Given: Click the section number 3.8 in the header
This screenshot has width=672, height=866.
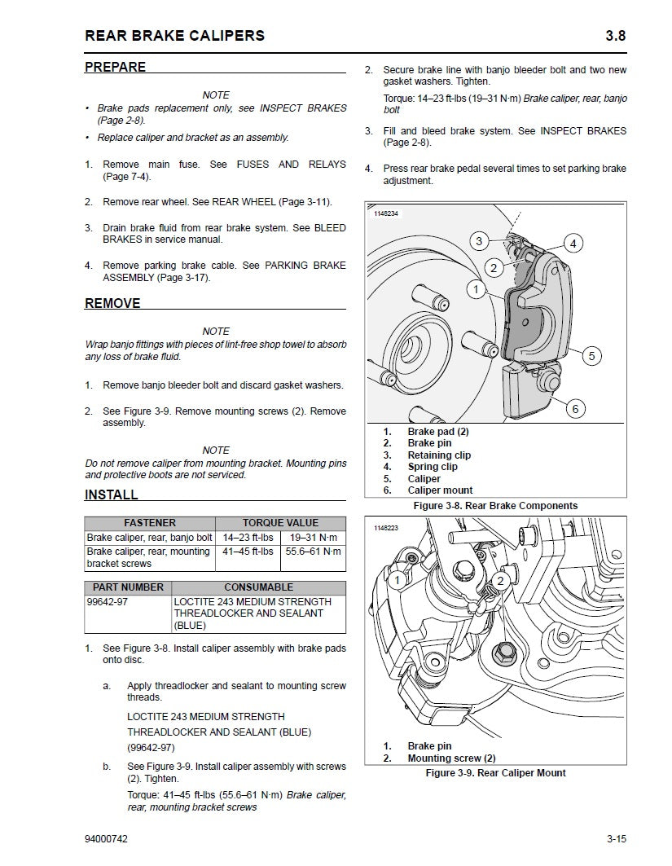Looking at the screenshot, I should click(615, 35).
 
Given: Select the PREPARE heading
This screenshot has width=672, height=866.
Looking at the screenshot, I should click(115, 68).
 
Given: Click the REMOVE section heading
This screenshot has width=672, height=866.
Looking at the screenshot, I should click(112, 304).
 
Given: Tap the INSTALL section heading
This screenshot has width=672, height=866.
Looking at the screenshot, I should click(112, 495).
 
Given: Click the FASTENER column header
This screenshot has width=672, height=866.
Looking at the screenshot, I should click(149, 523).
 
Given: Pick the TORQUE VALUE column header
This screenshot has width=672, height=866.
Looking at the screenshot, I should click(280, 523).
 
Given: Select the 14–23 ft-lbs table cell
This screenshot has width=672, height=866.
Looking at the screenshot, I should click(248, 538).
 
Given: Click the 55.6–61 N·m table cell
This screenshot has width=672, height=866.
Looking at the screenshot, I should click(313, 552).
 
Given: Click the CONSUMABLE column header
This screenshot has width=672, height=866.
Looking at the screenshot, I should click(259, 587).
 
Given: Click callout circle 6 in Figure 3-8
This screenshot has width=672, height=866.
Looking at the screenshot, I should click(575, 409).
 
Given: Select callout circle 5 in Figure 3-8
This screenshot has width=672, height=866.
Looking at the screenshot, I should click(592, 355).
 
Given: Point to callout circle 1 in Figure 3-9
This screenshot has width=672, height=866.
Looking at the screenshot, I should click(397, 580).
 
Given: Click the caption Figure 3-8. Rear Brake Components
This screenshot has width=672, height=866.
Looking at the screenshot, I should click(495, 506).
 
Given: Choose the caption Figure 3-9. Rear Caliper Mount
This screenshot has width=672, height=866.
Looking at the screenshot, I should click(495, 773).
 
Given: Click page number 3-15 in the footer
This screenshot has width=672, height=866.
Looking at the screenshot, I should click(615, 838).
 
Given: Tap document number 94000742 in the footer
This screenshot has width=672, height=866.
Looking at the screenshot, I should click(106, 838).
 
